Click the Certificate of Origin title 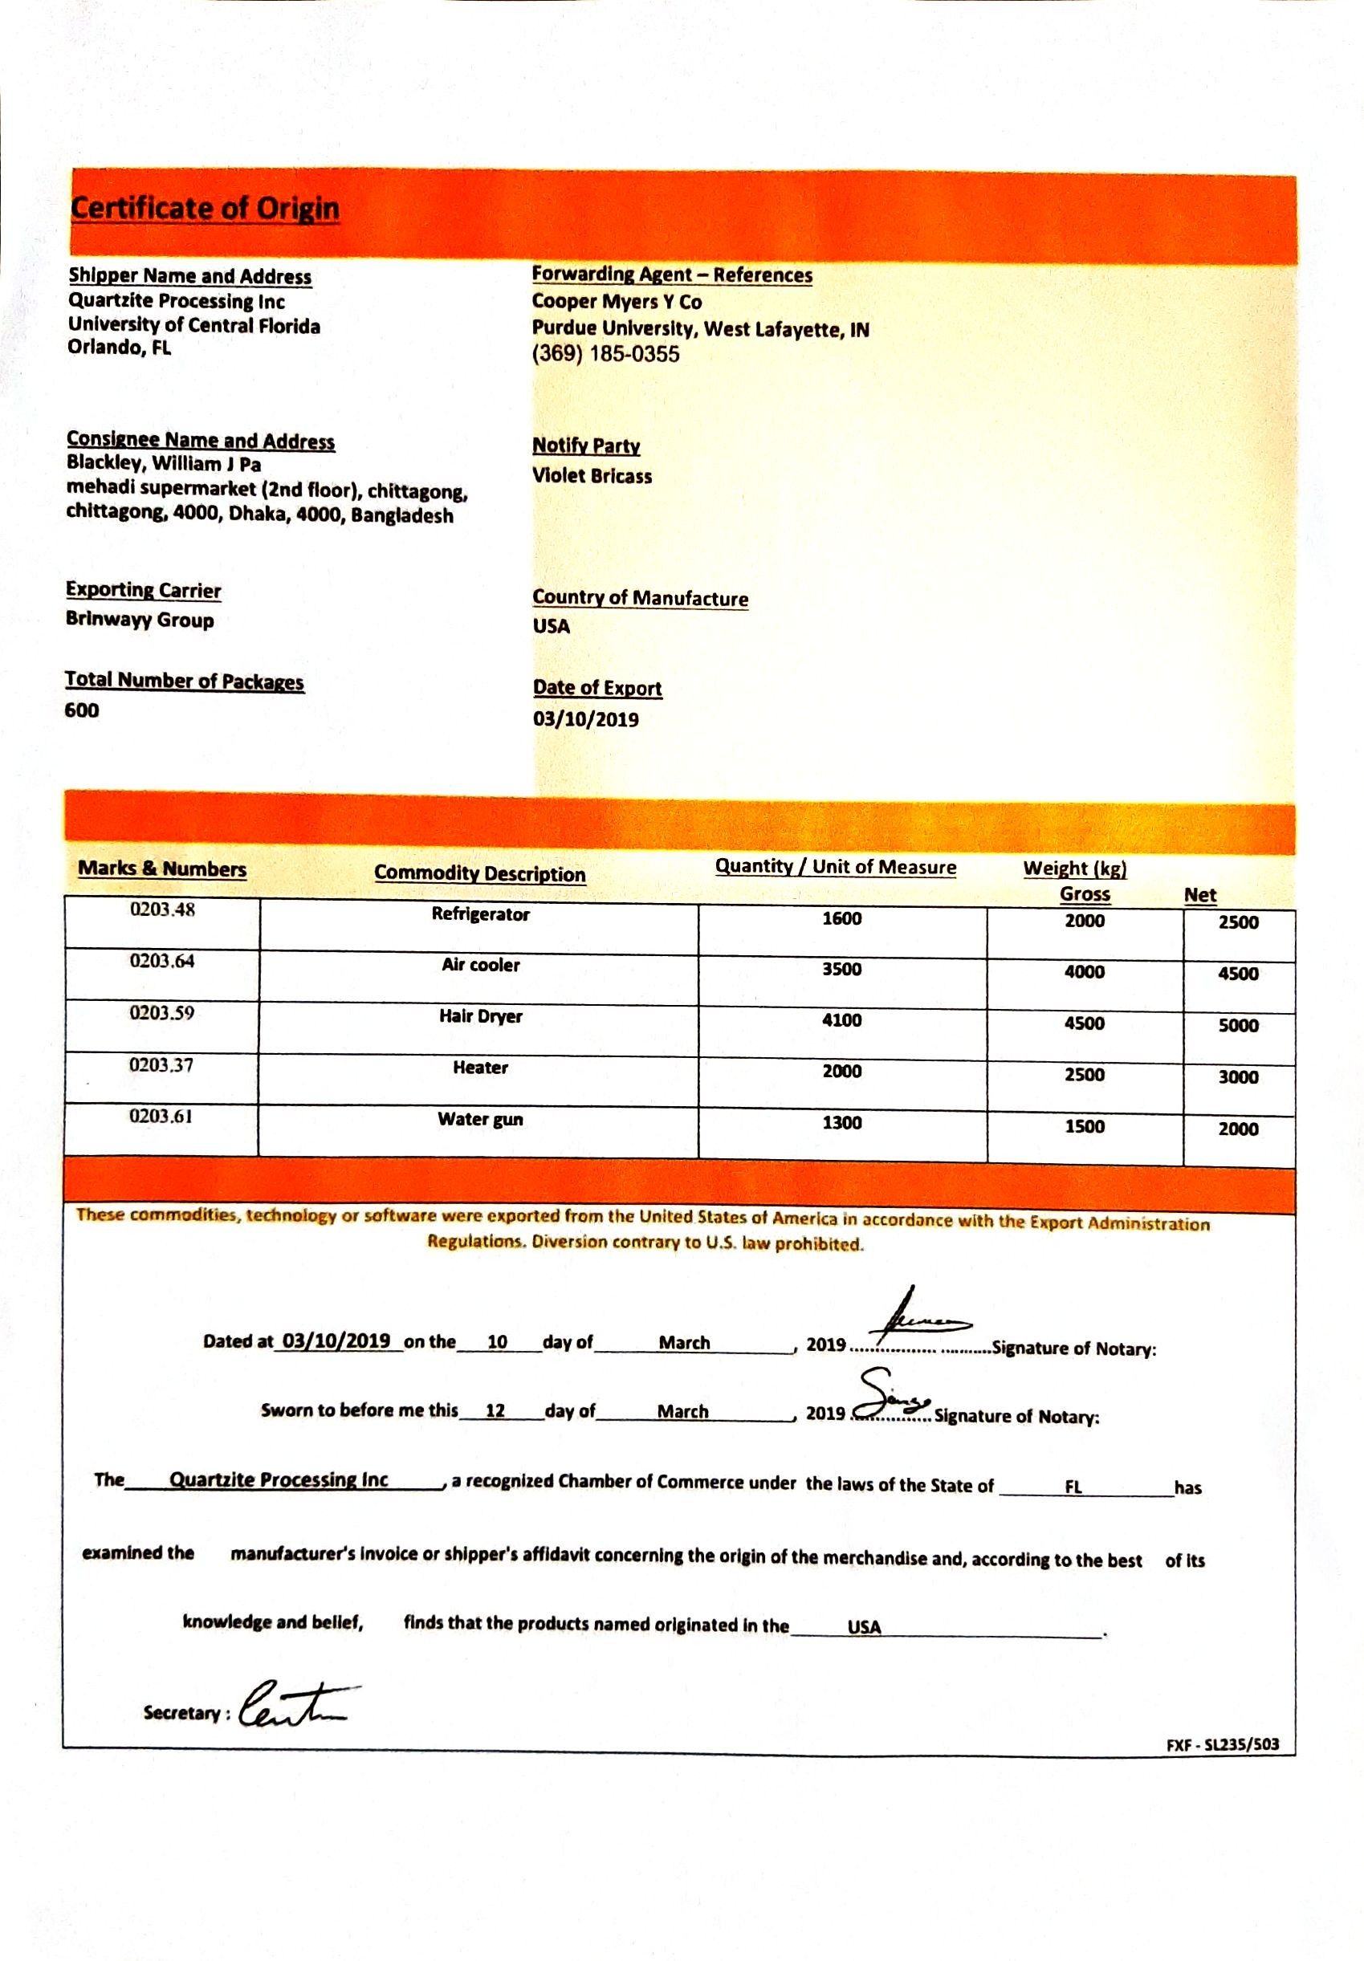coord(205,209)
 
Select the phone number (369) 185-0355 coord(605,355)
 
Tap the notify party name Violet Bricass coord(592,476)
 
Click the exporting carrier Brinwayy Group coord(140,620)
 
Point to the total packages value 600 coord(82,710)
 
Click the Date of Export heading coord(597,689)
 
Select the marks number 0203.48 coord(162,910)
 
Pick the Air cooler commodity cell coord(481,965)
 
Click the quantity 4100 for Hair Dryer coord(841,1021)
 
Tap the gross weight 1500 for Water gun coord(1084,1126)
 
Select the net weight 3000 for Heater coord(1238,1077)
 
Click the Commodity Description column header coord(480,873)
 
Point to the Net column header coord(1199,895)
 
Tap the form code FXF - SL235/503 coord(1222,1745)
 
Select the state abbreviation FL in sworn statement coord(1073,1487)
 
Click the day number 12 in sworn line coord(495,1410)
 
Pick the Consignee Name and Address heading coord(201,441)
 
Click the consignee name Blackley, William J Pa coord(164,465)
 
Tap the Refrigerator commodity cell coord(481,915)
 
